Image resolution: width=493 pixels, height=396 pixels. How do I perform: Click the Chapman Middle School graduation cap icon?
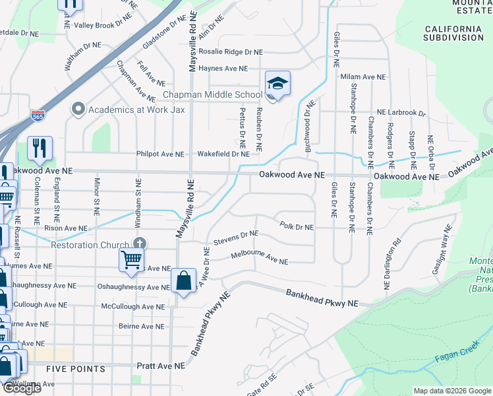[x=277, y=84]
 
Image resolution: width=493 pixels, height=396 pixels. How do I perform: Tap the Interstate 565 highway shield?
[x=38, y=116]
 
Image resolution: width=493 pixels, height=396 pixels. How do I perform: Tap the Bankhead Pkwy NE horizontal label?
[x=321, y=298]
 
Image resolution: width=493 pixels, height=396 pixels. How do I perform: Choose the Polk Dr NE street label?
[x=296, y=227]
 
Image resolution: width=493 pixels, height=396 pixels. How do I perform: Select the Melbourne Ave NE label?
[x=259, y=258]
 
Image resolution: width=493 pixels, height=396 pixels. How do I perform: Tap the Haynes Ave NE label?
[x=223, y=68]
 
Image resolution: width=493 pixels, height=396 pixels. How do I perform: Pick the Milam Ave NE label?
[x=362, y=77]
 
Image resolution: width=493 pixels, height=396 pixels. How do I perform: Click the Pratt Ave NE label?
[x=161, y=365]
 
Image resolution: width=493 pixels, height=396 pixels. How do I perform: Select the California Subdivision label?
[x=454, y=33]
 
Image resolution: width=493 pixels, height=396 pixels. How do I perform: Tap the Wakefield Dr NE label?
[x=223, y=154]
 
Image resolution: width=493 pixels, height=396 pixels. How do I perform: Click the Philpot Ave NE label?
[x=160, y=154]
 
